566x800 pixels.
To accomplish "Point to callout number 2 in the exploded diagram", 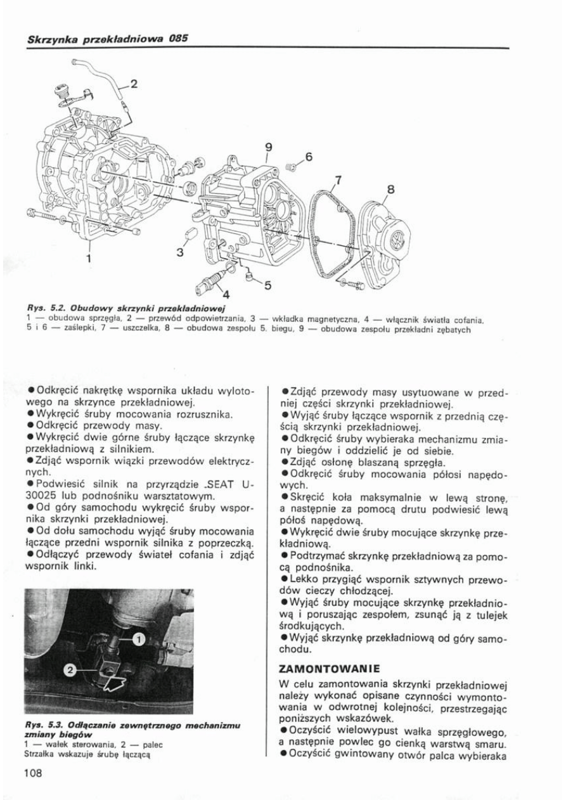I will (134, 82).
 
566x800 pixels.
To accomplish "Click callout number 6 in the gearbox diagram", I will (309, 157).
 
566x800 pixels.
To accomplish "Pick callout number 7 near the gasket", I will (338, 179).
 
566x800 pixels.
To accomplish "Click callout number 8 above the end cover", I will (390, 189).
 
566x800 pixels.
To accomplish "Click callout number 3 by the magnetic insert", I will (180, 252).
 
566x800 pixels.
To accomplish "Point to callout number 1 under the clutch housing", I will (89, 257).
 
